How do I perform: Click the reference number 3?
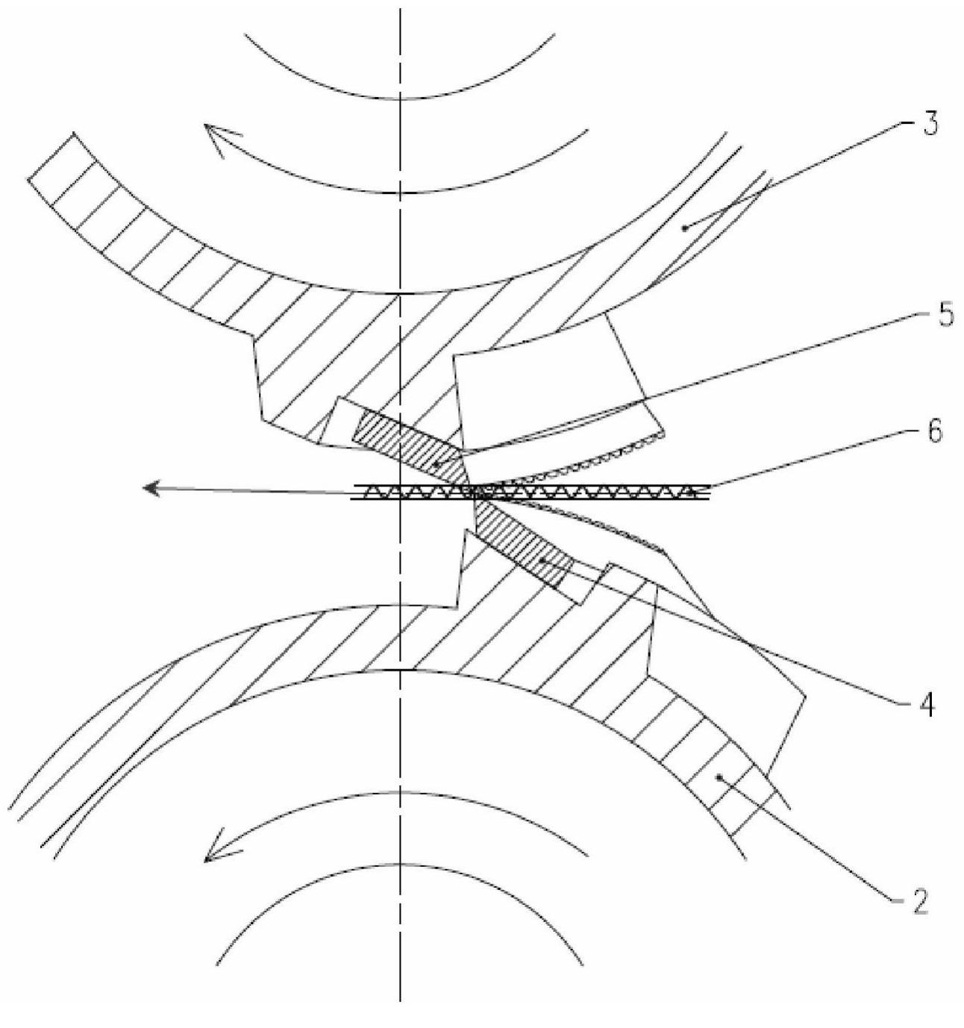(x=928, y=125)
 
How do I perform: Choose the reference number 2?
(x=918, y=902)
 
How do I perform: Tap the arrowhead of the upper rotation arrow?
(x=213, y=137)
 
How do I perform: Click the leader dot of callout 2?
(x=719, y=778)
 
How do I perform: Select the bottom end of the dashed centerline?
(x=401, y=1000)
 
